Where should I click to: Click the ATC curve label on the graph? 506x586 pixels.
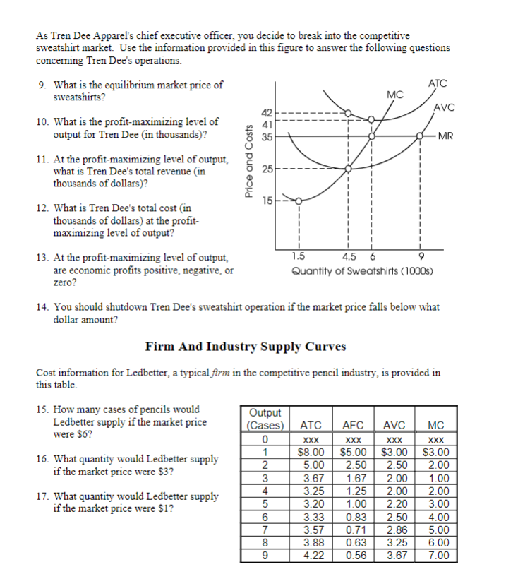click(x=438, y=83)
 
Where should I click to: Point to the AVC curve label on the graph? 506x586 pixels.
click(x=444, y=107)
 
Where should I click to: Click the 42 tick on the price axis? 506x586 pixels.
click(x=267, y=112)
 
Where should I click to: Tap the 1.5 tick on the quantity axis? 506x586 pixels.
click(x=299, y=256)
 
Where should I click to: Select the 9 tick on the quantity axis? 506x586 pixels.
click(x=421, y=256)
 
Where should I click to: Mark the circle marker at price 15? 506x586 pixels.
click(x=299, y=201)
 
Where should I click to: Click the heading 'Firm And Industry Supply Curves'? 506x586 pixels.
click(x=246, y=346)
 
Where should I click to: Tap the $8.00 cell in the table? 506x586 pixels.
click(x=311, y=452)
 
